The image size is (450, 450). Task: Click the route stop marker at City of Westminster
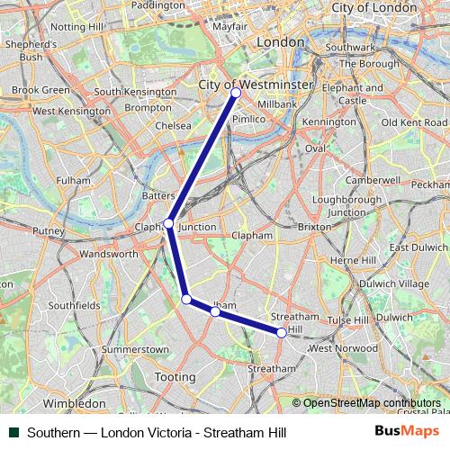pyautogui.click(x=236, y=93)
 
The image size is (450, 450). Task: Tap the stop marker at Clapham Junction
pyautogui.click(x=168, y=223)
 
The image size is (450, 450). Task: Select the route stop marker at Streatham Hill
pyautogui.click(x=282, y=333)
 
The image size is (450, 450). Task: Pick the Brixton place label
pyautogui.click(x=314, y=228)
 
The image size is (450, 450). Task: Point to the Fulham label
pyautogui.click(x=74, y=180)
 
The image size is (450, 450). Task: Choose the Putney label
pyautogui.click(x=49, y=231)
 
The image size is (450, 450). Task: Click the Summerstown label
pyautogui.click(x=136, y=348)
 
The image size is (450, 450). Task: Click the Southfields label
pyautogui.click(x=74, y=305)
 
